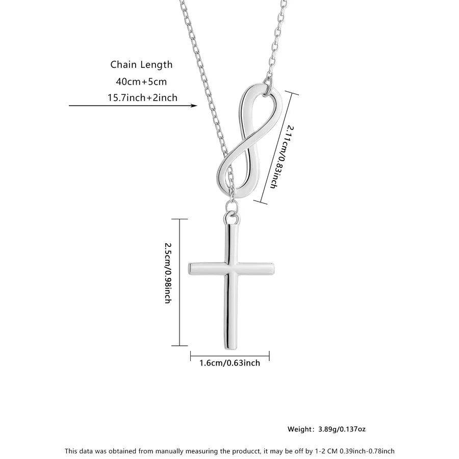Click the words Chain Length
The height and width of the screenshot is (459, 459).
click(141, 65)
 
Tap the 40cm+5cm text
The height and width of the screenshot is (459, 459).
click(141, 81)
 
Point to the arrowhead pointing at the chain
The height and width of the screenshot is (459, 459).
click(194, 106)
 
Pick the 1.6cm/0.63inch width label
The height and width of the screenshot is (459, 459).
click(229, 363)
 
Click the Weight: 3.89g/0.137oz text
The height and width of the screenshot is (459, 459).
click(326, 429)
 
